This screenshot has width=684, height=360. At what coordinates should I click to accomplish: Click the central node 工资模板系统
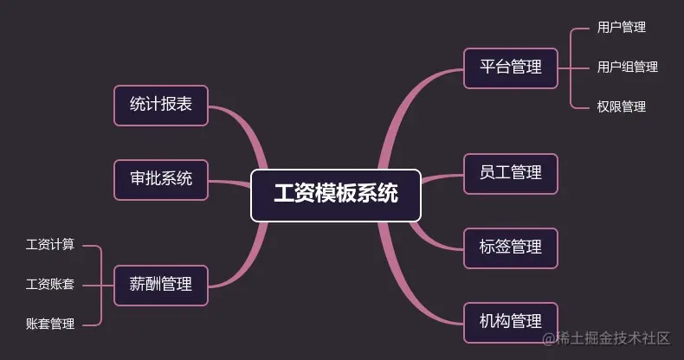click(336, 195)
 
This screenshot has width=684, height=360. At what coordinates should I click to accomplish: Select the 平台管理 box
click(510, 67)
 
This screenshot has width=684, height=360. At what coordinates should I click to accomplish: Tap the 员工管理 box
click(510, 173)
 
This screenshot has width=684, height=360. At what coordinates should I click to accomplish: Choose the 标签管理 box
click(510, 247)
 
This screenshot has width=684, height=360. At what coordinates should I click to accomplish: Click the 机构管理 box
click(510, 322)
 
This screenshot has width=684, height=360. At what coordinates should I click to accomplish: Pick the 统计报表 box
click(161, 105)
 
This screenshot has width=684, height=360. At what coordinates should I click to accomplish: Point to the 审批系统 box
click(161, 179)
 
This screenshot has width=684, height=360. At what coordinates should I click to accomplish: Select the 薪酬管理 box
click(161, 285)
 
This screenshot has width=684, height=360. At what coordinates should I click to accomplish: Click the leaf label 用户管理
click(621, 28)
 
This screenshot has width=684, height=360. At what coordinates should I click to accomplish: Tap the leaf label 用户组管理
click(627, 67)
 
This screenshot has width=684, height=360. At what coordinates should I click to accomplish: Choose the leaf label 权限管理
click(621, 106)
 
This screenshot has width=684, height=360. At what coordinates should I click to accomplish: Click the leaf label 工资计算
click(50, 245)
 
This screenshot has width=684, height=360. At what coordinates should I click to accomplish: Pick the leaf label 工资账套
click(50, 284)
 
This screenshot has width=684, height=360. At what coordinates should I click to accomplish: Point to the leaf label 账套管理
click(50, 324)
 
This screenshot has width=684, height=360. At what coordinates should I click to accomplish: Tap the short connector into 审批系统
click(229, 183)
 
